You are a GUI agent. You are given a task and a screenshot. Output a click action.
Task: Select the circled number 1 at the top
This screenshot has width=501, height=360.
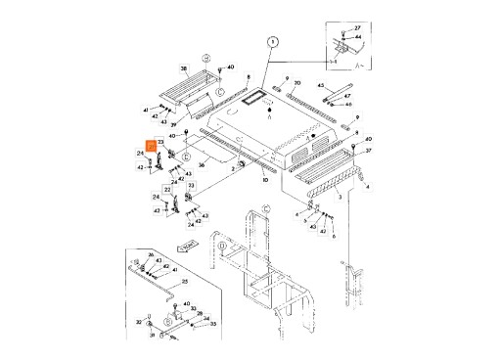pyautogui.click(x=273, y=41)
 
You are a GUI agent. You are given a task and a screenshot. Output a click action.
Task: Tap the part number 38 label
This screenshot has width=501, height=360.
pyautogui.click(x=183, y=67)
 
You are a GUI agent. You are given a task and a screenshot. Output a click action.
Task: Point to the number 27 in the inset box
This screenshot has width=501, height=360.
pyautogui.click(x=357, y=27)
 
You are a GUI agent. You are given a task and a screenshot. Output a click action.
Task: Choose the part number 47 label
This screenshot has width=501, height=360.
pyautogui.click(x=348, y=96)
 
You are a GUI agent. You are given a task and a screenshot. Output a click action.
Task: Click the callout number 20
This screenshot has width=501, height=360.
pyautogui.click(x=297, y=83)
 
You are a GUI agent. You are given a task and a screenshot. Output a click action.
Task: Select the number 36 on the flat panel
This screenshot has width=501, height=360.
pyautogui.click(x=202, y=165)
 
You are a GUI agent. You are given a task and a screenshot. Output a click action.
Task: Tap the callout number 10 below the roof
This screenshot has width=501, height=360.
pyautogui.click(x=264, y=181)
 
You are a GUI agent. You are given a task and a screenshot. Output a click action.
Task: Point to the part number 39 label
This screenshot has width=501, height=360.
pyautogui.click(x=173, y=127)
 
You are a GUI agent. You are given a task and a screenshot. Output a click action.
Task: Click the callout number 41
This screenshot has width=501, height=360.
pyautogui.click(x=146, y=110)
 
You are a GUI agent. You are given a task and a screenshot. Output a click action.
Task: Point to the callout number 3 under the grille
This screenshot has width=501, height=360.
pyautogui.click(x=340, y=197)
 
